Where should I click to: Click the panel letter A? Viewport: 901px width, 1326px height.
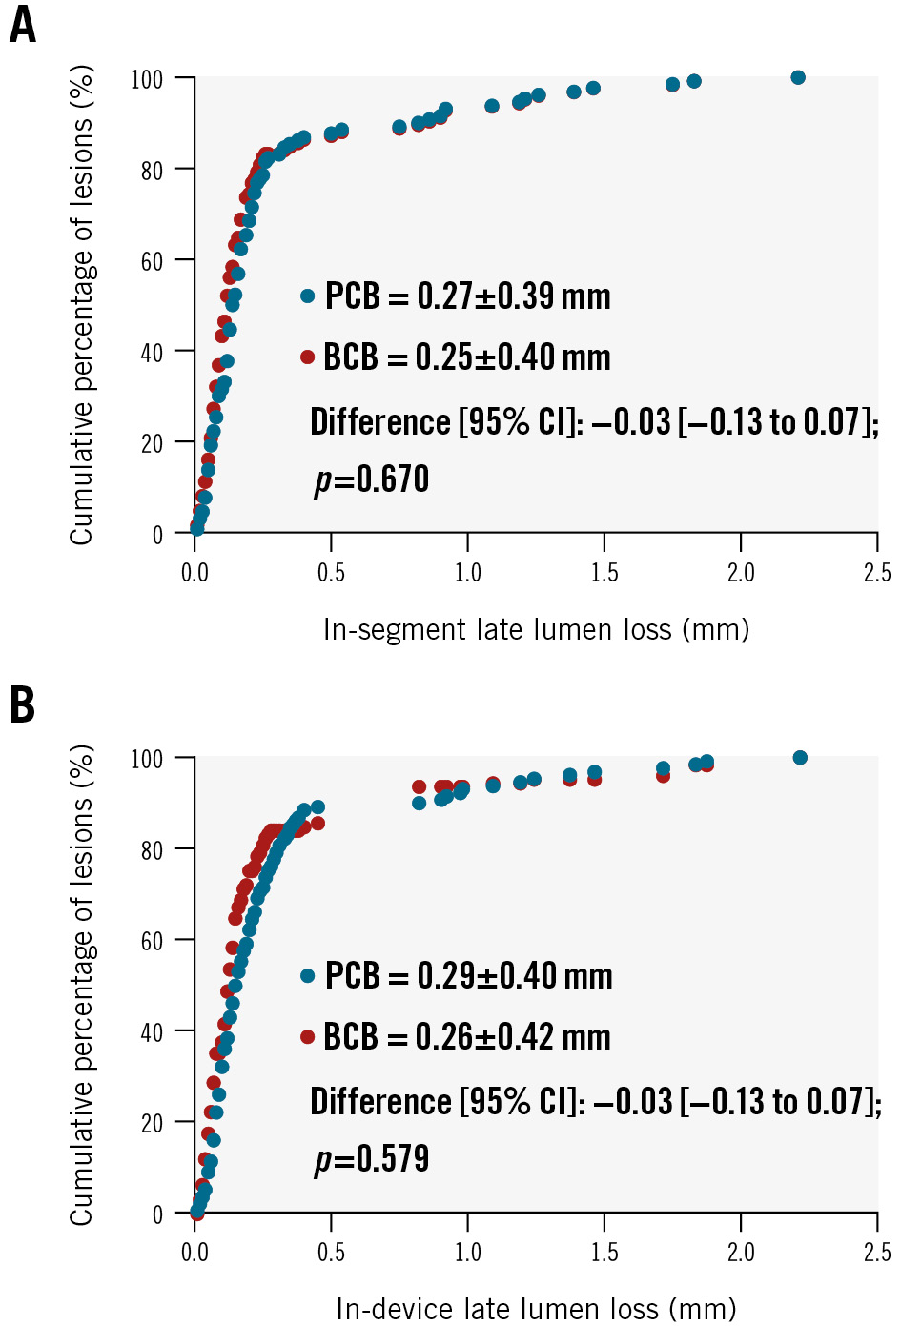tap(23, 26)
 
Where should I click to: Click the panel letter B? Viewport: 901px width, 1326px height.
tap(23, 705)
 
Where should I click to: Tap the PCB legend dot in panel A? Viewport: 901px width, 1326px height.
tap(307, 296)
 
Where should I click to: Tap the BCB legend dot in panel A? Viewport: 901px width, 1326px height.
tap(307, 357)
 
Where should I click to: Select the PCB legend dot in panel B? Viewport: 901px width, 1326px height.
tap(307, 976)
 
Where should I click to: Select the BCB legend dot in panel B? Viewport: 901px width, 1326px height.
tap(307, 1037)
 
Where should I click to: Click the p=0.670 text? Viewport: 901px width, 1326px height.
tap(372, 479)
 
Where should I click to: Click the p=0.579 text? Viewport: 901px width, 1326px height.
tap(372, 1159)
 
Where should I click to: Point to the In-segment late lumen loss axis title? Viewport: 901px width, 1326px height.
tap(536, 630)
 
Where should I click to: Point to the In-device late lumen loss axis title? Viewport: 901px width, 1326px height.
tap(536, 1310)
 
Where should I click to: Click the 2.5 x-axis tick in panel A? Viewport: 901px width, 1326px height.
tap(877, 573)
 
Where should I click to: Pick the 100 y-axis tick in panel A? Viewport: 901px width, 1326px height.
tap(147, 79)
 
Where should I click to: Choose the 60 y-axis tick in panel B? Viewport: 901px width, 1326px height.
tap(152, 941)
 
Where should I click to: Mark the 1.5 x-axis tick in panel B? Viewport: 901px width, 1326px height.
tap(604, 1253)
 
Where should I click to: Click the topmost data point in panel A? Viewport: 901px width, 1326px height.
tap(798, 77)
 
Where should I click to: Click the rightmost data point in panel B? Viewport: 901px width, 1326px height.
tap(800, 758)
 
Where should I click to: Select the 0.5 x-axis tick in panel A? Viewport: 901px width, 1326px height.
tap(331, 573)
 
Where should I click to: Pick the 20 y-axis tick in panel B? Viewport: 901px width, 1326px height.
tap(152, 1123)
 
